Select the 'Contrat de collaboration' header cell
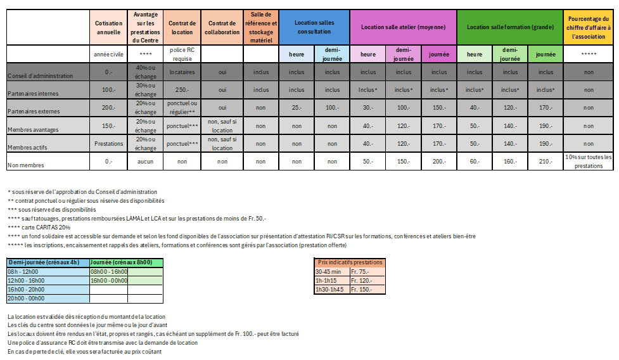click(222, 27)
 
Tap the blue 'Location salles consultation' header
click(314, 27)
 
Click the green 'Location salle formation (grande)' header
click(509, 27)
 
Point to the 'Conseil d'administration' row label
click(41, 75)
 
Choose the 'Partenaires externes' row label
click(35, 111)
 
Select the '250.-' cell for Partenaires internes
click(182, 90)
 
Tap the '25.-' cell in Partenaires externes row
click(297, 108)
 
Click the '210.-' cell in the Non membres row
click(546, 162)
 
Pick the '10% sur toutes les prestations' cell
click(588, 162)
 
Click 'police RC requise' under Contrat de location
click(182, 54)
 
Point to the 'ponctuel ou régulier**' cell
click(182, 108)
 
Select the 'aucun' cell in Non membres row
click(145, 162)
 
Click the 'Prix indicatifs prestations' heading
click(350, 262)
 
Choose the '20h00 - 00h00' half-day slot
click(25, 299)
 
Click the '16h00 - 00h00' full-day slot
click(109, 280)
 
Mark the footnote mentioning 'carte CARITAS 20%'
click(39, 228)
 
